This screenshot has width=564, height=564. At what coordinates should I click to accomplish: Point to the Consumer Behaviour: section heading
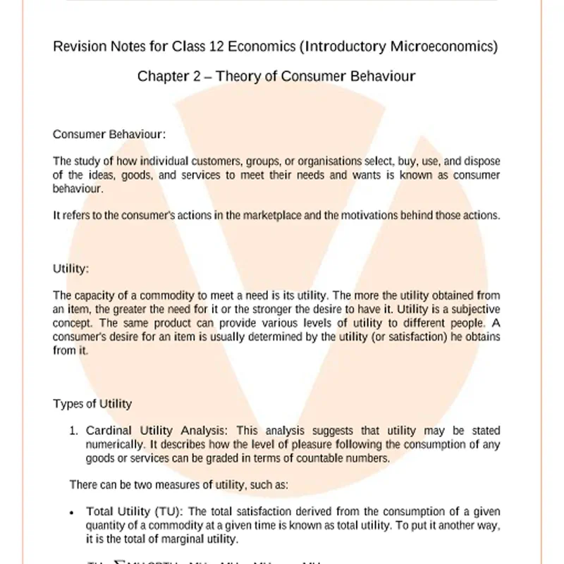coord(109,133)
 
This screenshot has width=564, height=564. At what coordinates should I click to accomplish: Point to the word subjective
coord(474,309)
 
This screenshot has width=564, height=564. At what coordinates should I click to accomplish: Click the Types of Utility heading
coord(92,404)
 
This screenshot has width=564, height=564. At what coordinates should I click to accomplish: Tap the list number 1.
coord(73,431)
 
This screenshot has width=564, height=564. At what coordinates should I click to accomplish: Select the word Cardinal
coord(106,431)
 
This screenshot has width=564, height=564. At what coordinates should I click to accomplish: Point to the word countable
coord(300,458)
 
